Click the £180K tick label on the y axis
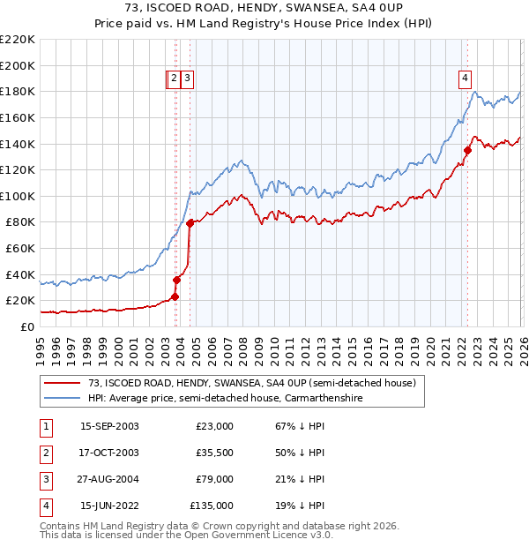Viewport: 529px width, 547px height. (x=18, y=91)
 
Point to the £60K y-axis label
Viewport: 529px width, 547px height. (x=20, y=249)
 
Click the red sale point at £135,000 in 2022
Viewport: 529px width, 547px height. (x=467, y=150)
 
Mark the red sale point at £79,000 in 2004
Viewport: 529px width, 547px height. (x=190, y=223)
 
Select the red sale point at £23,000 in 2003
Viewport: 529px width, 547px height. (x=175, y=296)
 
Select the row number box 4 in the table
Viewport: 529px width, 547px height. (x=44, y=506)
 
